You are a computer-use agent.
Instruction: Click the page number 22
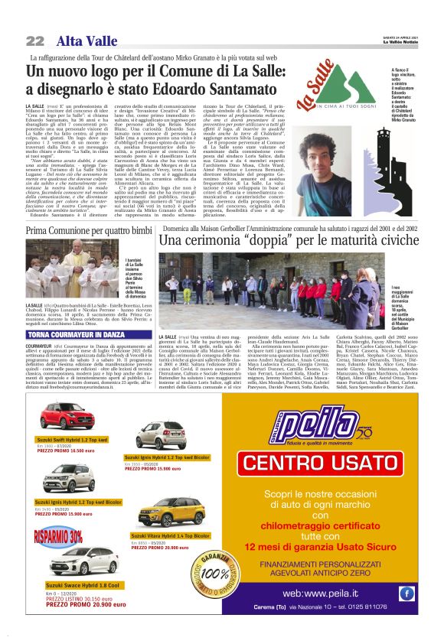point(35,41)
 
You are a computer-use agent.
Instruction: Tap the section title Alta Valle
point(80,41)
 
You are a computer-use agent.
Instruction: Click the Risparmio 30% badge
point(57,535)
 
